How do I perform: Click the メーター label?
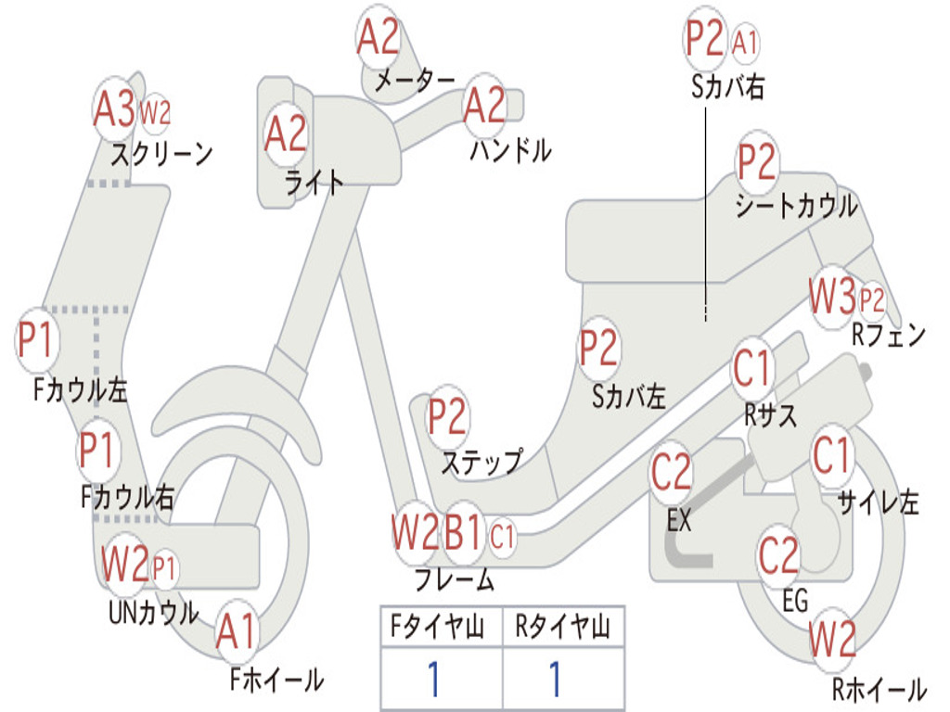(x=415, y=82)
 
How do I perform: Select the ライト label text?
(x=315, y=183)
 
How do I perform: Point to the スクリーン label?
(x=162, y=153)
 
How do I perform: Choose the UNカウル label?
(x=154, y=613)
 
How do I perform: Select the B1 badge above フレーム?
(x=464, y=534)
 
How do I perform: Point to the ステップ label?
(x=481, y=462)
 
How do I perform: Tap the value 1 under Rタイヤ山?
(x=555, y=680)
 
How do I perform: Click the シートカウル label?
(x=796, y=206)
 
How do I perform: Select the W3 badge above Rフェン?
(x=831, y=298)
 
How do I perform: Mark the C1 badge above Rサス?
(x=752, y=369)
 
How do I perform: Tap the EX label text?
(x=679, y=521)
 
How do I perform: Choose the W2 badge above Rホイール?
(x=831, y=639)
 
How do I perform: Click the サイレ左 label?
(x=878, y=502)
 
